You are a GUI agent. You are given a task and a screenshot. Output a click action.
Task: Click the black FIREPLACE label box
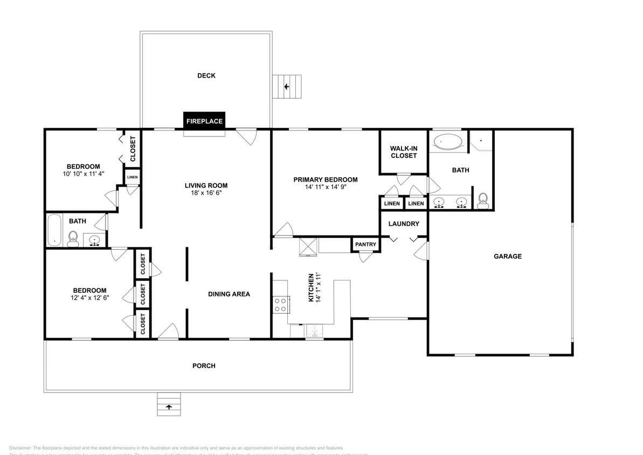click(x=204, y=121)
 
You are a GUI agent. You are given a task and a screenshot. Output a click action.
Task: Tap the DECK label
click(x=206, y=75)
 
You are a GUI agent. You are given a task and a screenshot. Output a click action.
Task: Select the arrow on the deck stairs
click(x=287, y=86)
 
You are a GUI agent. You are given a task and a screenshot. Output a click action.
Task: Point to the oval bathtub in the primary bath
click(x=448, y=142)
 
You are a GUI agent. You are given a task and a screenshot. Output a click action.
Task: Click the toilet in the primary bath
click(x=483, y=201)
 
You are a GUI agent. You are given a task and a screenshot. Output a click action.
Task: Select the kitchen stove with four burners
click(x=280, y=305)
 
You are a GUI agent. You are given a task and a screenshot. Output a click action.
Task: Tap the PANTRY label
click(x=365, y=245)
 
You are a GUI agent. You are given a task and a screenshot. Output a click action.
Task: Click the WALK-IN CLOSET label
click(x=404, y=152)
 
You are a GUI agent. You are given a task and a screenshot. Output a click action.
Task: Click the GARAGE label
click(x=508, y=257)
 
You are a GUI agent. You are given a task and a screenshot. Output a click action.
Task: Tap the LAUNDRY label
click(x=404, y=224)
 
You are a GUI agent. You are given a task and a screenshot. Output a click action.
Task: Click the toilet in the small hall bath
click(x=73, y=238)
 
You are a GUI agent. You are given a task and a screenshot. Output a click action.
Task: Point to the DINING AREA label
click(x=229, y=294)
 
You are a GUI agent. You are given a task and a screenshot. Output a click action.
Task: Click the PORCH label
click(x=204, y=366)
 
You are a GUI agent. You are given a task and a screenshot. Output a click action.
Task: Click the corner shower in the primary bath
click(x=480, y=141)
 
